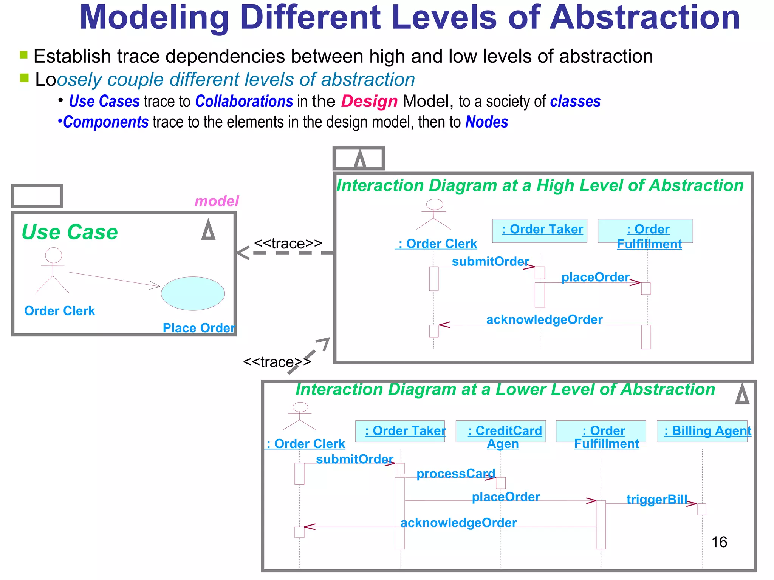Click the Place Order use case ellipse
[x=193, y=293]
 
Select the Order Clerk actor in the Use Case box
[x=53, y=270]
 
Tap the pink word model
[x=217, y=201]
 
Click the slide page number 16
[x=719, y=542]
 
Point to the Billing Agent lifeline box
[x=702, y=431]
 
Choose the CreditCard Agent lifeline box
[x=501, y=431]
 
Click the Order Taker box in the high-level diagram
[x=540, y=230]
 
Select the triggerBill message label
[x=657, y=499]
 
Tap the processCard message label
[x=456, y=474]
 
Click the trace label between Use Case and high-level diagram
[x=288, y=244]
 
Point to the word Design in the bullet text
[x=369, y=102]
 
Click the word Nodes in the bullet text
[x=487, y=122]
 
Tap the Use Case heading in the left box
[x=70, y=231]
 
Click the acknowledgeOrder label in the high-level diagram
[x=544, y=319]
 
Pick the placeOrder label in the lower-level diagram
[x=506, y=497]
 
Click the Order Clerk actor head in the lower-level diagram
[x=300, y=407]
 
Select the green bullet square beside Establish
[x=24, y=55]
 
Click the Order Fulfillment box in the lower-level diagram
[x=601, y=431]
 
